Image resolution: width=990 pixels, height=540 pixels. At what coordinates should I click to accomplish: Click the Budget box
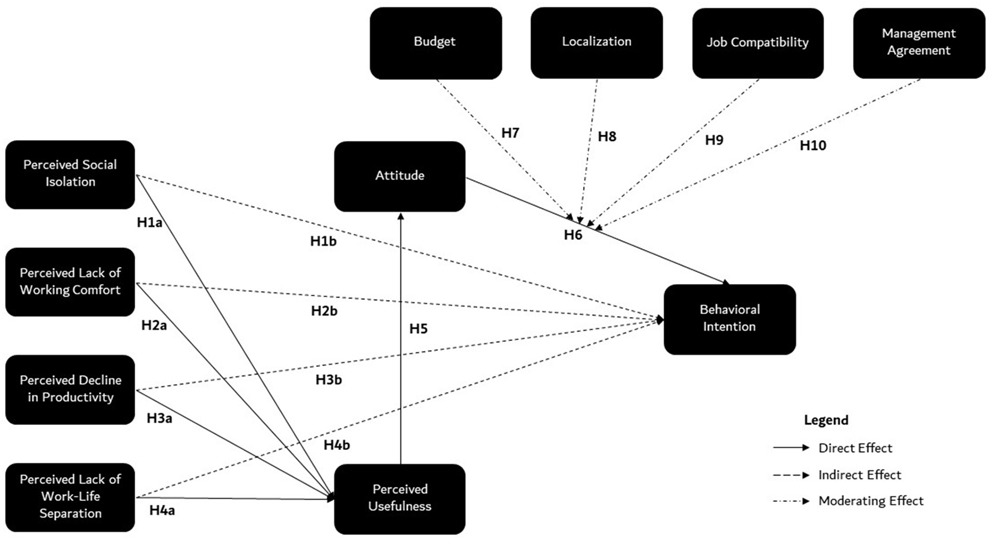[435, 42]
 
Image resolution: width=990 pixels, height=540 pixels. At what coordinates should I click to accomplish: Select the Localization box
[596, 42]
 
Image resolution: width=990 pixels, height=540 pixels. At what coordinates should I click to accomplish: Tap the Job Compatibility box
[757, 42]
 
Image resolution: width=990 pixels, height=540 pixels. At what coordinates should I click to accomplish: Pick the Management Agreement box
[918, 42]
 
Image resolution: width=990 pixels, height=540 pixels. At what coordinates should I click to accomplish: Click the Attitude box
[399, 176]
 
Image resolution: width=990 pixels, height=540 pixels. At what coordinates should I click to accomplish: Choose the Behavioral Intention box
[729, 319]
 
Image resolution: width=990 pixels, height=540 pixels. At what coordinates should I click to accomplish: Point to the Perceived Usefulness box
[399, 498]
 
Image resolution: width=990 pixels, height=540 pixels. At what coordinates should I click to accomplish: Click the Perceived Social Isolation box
[70, 174]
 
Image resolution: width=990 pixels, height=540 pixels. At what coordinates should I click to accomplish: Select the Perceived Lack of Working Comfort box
[70, 282]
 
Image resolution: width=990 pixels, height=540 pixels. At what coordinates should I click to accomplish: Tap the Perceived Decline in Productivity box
[70, 389]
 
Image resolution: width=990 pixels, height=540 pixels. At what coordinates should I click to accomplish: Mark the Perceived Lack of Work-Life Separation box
[70, 496]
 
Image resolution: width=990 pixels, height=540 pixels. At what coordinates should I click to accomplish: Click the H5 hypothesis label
[418, 329]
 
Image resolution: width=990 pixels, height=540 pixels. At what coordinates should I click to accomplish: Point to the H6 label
[573, 235]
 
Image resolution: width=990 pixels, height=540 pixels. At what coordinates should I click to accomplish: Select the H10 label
[812, 146]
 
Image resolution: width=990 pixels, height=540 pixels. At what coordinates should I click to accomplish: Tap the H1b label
[323, 241]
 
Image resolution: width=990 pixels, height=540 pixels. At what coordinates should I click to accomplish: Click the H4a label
[162, 510]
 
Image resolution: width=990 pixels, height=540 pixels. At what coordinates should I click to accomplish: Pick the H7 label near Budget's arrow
[510, 133]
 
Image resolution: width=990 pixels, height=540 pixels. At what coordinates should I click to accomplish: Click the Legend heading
[826, 420]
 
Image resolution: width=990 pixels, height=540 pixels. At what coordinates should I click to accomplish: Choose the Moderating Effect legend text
[870, 501]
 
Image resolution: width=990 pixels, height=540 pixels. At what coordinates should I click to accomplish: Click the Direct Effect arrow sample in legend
[791, 448]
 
